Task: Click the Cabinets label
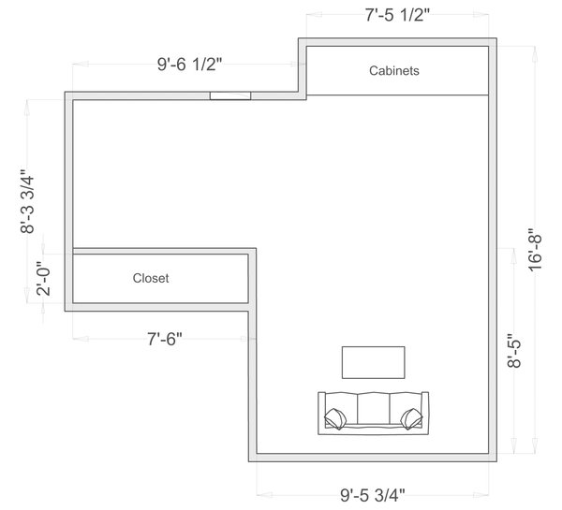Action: [393, 70]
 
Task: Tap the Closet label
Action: [151, 278]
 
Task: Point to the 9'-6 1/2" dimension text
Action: [189, 65]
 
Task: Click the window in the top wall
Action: [230, 95]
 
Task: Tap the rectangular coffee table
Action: [373, 361]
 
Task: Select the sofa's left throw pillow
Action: [334, 416]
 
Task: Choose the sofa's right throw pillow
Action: [410, 416]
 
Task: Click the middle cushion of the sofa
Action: [373, 410]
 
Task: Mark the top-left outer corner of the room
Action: [65, 92]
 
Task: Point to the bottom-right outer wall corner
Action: [496, 462]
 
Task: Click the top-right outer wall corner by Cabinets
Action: [496, 38]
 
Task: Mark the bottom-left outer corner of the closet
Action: [65, 311]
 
